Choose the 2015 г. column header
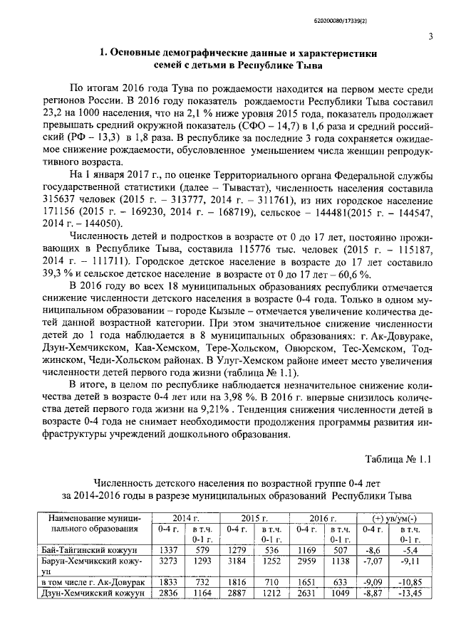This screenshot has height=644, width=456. (253, 517)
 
